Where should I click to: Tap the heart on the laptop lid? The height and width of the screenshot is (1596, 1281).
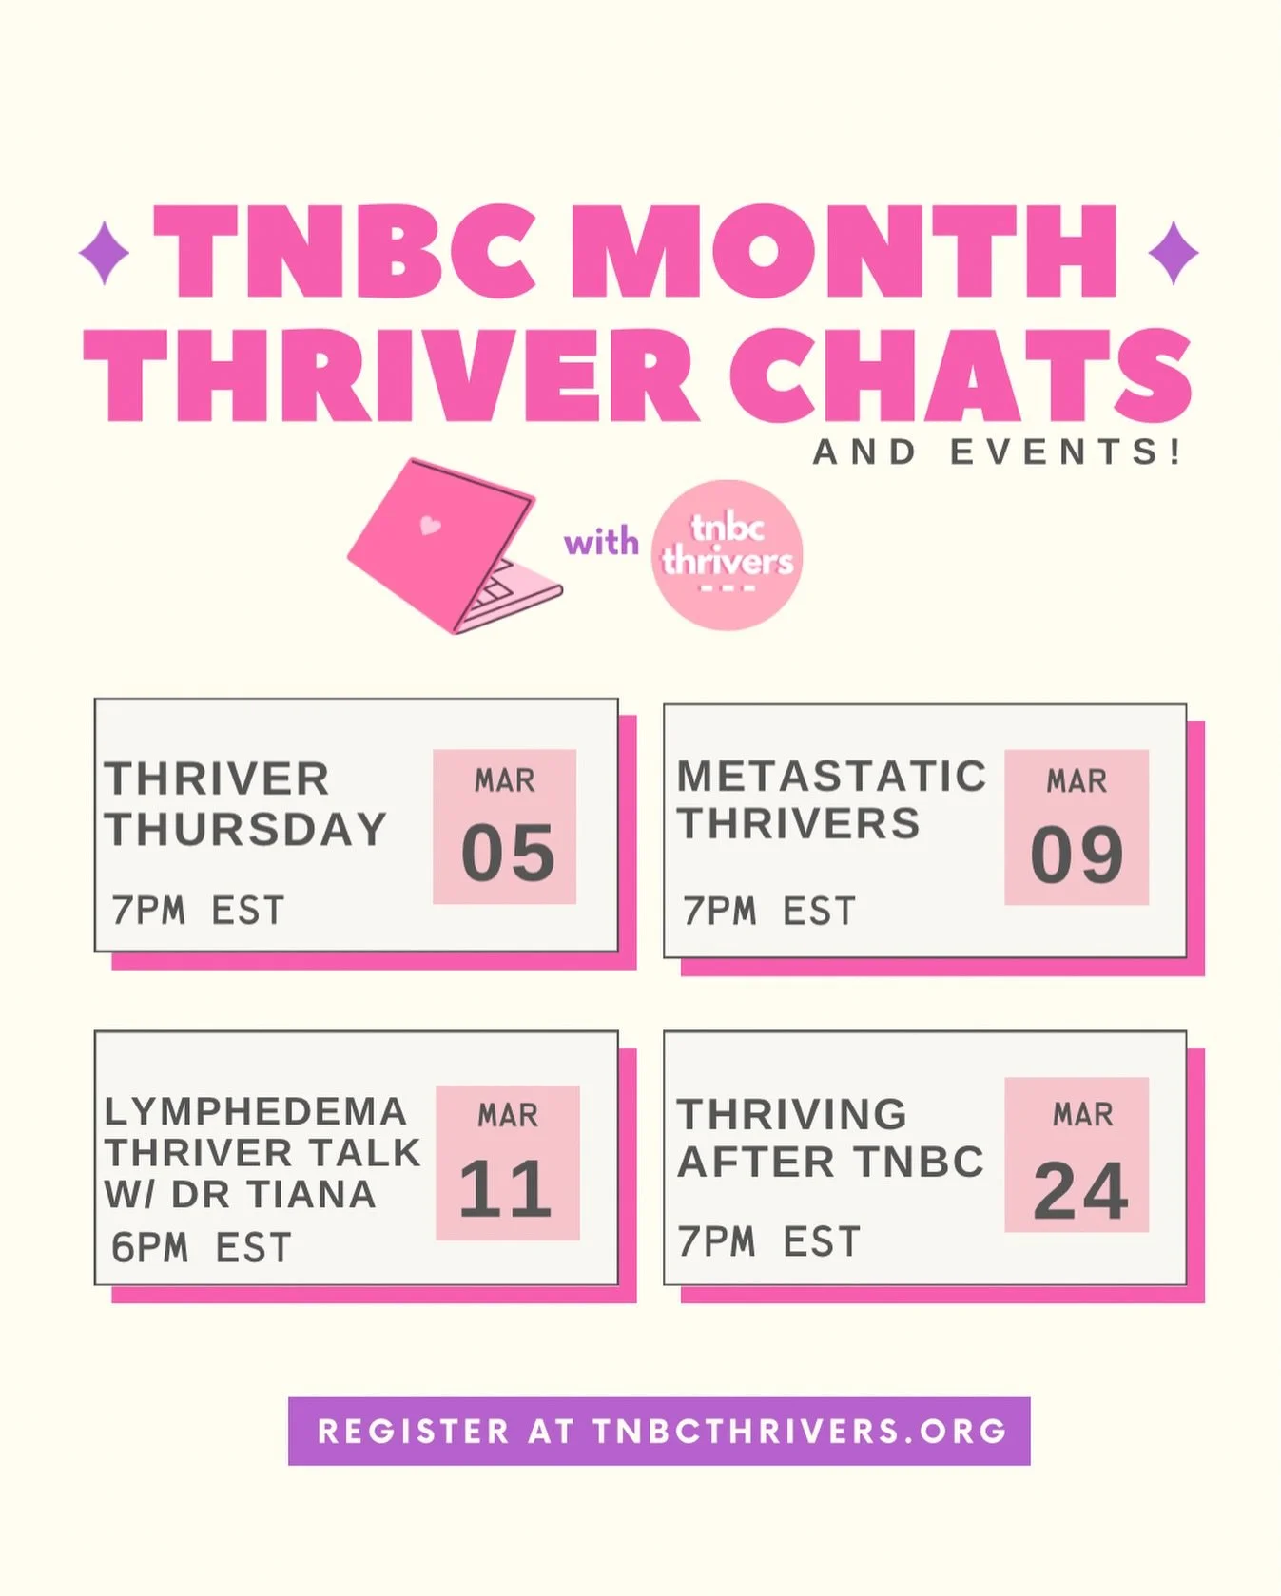(x=430, y=525)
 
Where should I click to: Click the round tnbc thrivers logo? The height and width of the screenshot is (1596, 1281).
(x=728, y=555)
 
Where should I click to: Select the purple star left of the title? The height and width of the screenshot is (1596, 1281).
(x=104, y=252)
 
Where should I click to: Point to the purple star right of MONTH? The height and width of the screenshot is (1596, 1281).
(x=1174, y=252)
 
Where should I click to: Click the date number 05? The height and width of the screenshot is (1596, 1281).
(x=507, y=853)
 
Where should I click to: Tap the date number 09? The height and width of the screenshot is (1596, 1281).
(x=1077, y=855)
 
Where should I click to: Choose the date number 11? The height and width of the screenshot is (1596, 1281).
(x=505, y=1188)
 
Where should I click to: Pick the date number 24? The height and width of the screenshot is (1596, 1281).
(x=1080, y=1190)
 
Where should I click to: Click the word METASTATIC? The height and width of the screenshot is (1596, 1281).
(x=831, y=776)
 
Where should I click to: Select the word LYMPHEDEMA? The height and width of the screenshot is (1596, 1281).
(x=256, y=1110)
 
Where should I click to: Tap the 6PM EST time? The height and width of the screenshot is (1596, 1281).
(x=201, y=1247)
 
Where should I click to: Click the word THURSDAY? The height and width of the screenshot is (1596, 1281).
(x=245, y=829)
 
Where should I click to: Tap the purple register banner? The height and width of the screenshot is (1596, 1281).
(x=659, y=1431)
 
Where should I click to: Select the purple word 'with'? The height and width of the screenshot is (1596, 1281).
(x=601, y=543)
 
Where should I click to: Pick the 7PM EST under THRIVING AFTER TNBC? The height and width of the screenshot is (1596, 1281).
(x=768, y=1241)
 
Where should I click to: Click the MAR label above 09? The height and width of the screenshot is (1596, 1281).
(x=1077, y=780)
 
